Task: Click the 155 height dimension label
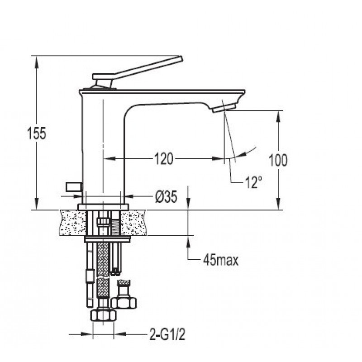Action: (x=37, y=133)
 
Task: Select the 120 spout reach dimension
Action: (x=163, y=159)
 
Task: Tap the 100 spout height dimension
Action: (x=278, y=160)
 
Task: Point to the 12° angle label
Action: (x=253, y=182)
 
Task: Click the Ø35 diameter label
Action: (x=166, y=197)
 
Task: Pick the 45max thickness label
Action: (x=221, y=261)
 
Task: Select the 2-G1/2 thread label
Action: (x=167, y=334)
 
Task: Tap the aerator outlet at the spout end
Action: (x=224, y=108)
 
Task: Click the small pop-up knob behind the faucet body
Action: (x=74, y=187)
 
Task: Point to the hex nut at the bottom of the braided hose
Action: (x=103, y=315)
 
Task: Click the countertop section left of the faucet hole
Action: (x=72, y=222)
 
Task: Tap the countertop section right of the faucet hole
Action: (x=133, y=222)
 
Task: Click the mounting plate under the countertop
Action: (x=108, y=239)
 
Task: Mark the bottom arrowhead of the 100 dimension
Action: (x=278, y=203)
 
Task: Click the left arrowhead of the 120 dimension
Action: (x=110, y=159)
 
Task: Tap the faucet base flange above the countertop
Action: (x=103, y=207)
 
